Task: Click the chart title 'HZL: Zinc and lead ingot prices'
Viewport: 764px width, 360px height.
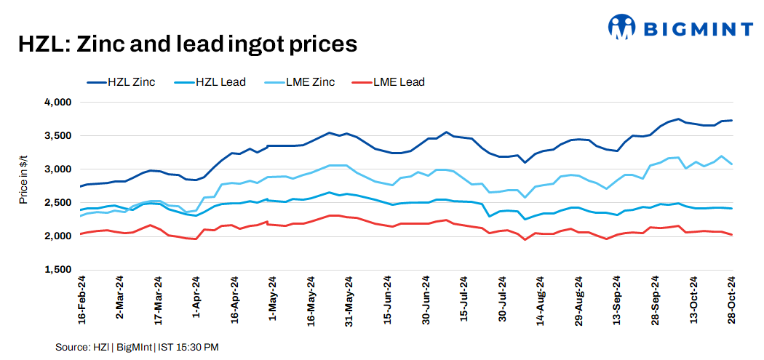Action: click(x=188, y=44)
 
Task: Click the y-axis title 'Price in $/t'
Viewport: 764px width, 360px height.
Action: click(x=23, y=186)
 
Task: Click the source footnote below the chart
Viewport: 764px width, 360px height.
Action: click(x=137, y=348)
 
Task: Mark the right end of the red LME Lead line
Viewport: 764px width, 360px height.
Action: click(x=732, y=234)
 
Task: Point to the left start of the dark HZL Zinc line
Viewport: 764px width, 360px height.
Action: click(x=80, y=186)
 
